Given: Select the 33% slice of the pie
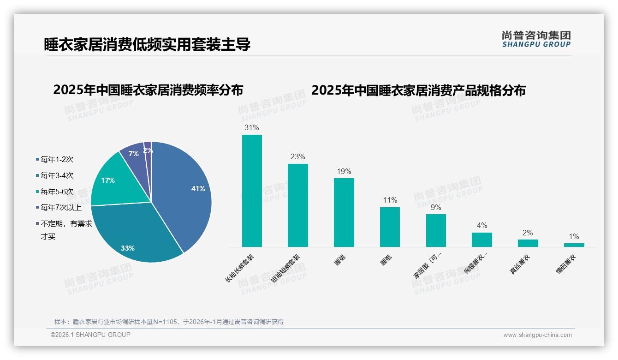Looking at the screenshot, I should tap(134, 235).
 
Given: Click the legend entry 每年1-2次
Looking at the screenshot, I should tap(57, 160).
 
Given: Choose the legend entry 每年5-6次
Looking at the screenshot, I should tap(57, 192).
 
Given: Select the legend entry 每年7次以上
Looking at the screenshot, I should tap(61, 208).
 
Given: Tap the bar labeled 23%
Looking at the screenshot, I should tap(297, 205).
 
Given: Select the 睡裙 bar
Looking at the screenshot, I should tap(344, 212).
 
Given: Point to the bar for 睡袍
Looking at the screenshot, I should tap(390, 227).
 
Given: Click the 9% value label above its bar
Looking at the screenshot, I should tap(435, 208).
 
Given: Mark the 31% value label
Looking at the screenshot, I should tap(252, 128).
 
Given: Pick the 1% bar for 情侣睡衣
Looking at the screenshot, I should tap(574, 245).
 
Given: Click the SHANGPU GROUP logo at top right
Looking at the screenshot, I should tap(536, 39).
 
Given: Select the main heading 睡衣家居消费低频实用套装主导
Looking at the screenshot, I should tap(147, 45).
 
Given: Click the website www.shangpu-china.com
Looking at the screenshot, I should tap(537, 335).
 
